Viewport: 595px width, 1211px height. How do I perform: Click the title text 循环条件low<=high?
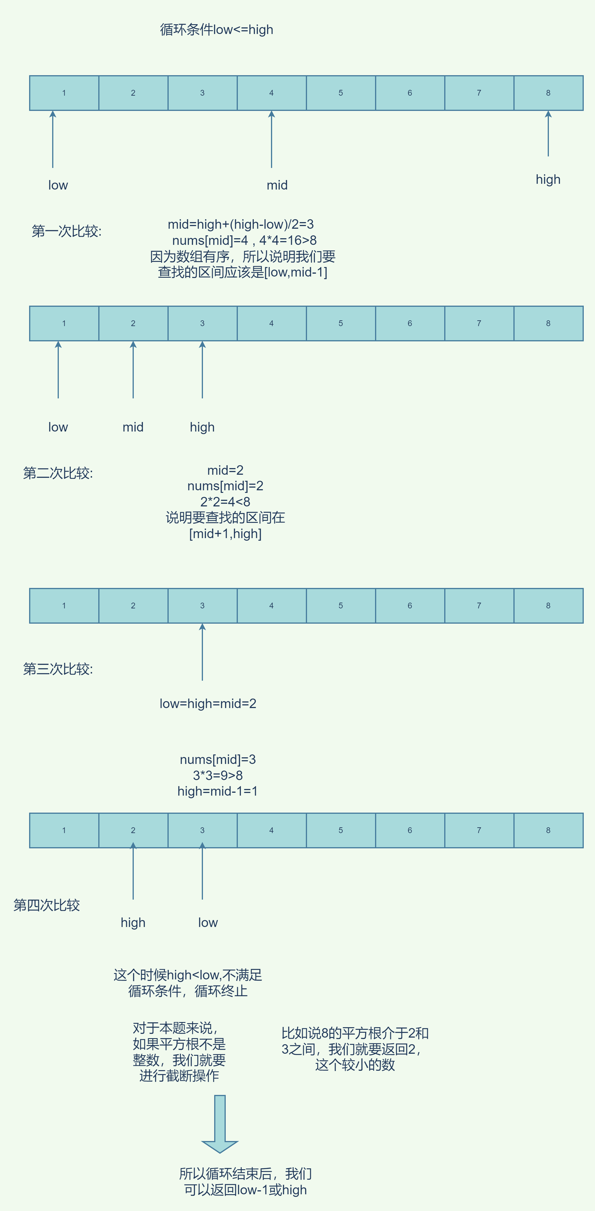(216, 30)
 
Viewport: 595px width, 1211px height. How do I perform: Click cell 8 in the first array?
(548, 93)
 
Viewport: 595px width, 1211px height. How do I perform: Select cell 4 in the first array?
(271, 93)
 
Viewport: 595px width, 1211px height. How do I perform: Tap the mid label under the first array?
(277, 185)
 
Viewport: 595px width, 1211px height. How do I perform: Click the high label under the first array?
(548, 179)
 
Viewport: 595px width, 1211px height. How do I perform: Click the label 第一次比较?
(66, 231)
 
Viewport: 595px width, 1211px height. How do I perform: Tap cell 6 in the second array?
(410, 323)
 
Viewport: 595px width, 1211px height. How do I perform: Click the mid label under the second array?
(133, 427)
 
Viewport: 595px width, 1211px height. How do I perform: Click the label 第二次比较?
(58, 473)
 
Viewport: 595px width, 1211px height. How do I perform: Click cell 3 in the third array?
(202, 605)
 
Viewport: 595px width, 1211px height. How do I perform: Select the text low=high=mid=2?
(208, 704)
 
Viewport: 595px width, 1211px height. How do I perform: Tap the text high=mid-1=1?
(217, 791)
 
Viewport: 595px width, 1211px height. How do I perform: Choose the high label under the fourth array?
(133, 923)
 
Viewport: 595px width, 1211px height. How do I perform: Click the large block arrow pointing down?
(220, 1123)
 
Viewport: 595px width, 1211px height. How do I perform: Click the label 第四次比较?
(47, 905)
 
